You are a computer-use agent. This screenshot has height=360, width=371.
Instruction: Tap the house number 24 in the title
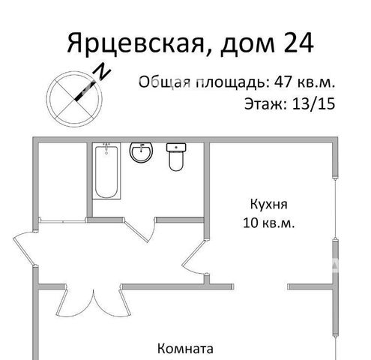point(298,43)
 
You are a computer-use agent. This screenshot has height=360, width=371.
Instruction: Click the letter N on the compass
point(102,71)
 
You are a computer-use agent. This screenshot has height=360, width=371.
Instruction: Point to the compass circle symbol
point(74,99)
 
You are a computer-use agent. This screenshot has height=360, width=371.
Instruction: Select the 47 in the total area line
point(283,82)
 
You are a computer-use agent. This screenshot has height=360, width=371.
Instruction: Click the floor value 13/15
point(313,103)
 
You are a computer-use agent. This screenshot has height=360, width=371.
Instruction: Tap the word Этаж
point(265,104)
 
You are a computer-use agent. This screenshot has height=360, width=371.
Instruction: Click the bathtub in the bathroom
point(106,171)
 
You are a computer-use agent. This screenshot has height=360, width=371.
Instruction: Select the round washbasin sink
point(141,152)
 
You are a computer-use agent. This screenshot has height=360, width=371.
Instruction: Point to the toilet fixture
point(176,157)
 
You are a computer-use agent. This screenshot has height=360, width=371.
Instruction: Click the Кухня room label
point(268,204)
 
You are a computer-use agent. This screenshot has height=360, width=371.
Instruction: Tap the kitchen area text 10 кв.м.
point(269,223)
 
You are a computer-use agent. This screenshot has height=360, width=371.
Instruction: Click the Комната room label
point(185,349)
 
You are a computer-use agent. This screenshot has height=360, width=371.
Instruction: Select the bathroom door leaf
point(136,231)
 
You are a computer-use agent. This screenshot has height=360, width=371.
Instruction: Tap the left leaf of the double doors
point(61,301)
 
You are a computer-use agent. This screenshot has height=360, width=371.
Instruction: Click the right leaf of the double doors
point(125,301)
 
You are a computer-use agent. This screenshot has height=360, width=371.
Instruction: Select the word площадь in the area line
point(230,82)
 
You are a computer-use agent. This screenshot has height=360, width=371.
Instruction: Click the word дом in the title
point(247,45)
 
